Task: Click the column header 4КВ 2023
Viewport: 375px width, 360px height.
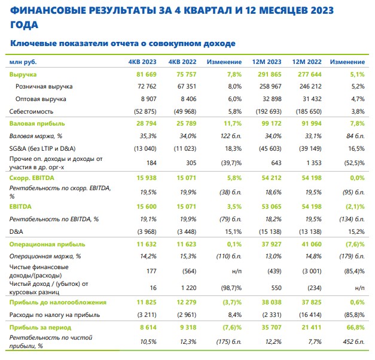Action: pyautogui.click(x=142, y=62)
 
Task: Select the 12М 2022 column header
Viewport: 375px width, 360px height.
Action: pyautogui.click(x=307, y=62)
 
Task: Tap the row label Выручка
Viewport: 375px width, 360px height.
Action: pyautogui.click(x=23, y=75)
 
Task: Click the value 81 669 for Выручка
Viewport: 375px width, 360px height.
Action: pyautogui.click(x=147, y=74)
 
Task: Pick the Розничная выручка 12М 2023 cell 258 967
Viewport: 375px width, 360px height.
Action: pyautogui.click(x=270, y=86)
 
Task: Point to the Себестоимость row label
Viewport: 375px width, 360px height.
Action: pyautogui.click(x=31, y=111)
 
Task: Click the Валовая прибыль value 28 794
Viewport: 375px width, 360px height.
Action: pyautogui.click(x=147, y=123)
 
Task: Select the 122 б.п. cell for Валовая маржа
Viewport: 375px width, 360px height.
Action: pyautogui.click(x=231, y=136)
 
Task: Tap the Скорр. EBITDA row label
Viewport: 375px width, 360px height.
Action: pyautogui.click(x=32, y=178)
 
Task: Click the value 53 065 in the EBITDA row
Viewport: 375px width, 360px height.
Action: pyautogui.click(x=272, y=207)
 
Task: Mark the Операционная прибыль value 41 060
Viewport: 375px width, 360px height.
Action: pyautogui.click(x=312, y=244)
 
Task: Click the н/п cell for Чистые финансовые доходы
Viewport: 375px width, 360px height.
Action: pyautogui.click(x=237, y=271)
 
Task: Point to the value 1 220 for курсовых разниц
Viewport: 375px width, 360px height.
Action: pyautogui.click(x=188, y=288)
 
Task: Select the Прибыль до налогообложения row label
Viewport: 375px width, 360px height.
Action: pyautogui.click(x=58, y=303)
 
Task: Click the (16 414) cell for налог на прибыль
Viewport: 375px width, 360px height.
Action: pyautogui.click(x=310, y=315)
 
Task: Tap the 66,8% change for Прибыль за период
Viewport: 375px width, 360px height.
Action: pyautogui.click(x=356, y=328)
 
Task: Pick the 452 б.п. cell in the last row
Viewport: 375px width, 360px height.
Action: pyautogui.click(x=353, y=342)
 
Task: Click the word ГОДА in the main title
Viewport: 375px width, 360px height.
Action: pyautogui.click(x=24, y=25)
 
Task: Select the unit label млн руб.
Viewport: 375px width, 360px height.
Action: pyautogui.click(x=23, y=62)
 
